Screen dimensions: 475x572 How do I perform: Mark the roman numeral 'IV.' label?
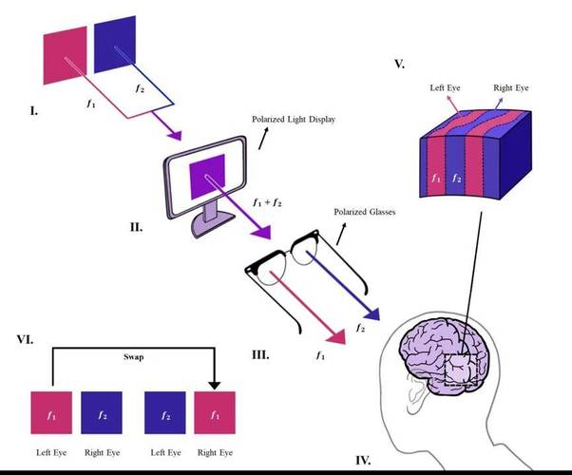click(x=362, y=461)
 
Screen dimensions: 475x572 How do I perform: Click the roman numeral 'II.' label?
click(x=136, y=229)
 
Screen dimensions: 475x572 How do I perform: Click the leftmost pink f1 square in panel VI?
click(x=51, y=414)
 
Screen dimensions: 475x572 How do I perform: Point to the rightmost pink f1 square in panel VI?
click(x=214, y=414)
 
